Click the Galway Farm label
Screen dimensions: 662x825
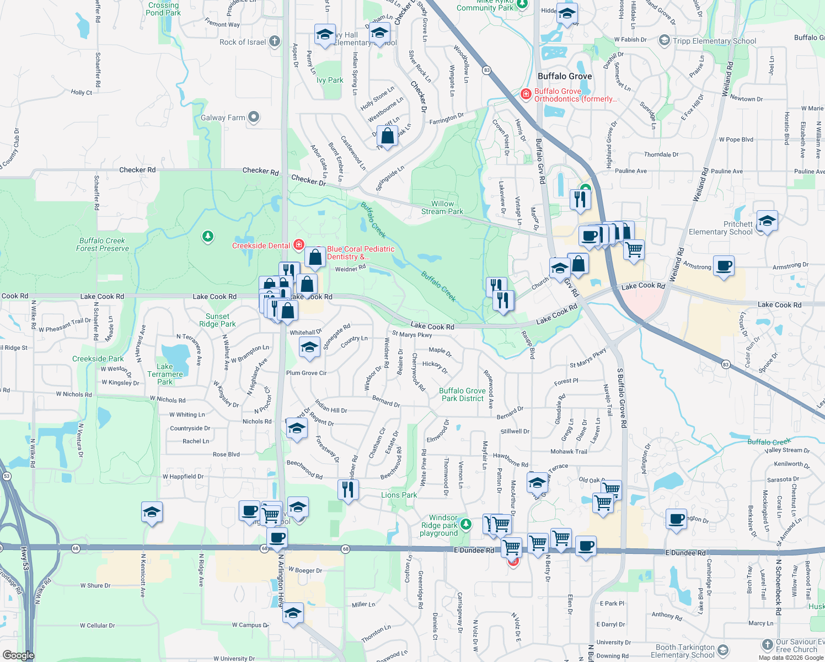(223, 118)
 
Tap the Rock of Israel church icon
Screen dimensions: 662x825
(275, 41)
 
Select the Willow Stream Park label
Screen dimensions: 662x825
(442, 207)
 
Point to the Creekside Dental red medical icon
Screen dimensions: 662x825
(299, 244)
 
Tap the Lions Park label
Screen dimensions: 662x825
(399, 495)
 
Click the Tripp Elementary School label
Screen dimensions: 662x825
(714, 41)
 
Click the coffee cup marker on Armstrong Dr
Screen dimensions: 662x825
(724, 266)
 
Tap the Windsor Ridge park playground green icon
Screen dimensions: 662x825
(466, 524)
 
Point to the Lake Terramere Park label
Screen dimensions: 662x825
(165, 374)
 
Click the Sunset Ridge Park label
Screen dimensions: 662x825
(217, 321)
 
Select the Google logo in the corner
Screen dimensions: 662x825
(18, 655)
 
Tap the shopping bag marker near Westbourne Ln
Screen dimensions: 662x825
(388, 136)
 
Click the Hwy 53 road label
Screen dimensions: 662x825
(24, 560)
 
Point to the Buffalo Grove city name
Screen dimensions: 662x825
(565, 76)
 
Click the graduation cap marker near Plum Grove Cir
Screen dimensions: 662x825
(309, 348)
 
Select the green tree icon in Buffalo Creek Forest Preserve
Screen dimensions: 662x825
(207, 237)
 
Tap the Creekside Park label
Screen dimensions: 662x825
(98, 359)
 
